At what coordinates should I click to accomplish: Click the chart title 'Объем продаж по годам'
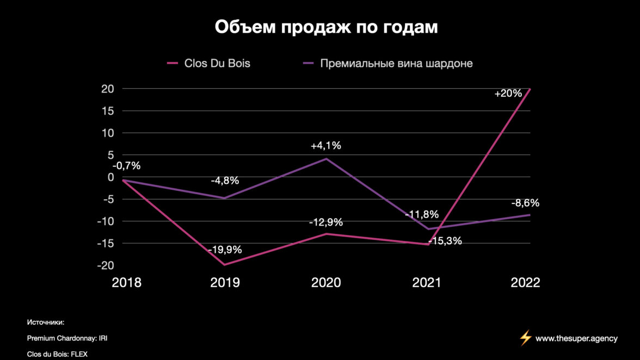click(326, 27)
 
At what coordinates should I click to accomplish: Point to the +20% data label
click(508, 94)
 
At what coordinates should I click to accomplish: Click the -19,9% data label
click(224, 250)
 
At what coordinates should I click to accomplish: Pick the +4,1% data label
click(326, 146)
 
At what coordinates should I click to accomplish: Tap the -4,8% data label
click(225, 181)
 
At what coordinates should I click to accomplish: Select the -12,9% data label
click(326, 222)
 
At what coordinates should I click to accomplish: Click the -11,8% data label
click(421, 215)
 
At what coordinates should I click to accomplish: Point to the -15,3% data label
click(445, 241)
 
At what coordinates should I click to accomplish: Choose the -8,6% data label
click(525, 203)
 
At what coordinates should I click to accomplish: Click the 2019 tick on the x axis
click(225, 283)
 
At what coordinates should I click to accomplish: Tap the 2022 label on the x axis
click(525, 283)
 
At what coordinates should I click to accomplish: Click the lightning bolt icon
click(525, 338)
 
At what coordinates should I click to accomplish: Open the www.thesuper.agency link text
click(576, 338)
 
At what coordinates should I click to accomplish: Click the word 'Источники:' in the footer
click(46, 322)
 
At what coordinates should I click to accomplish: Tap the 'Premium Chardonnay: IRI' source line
click(63, 338)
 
